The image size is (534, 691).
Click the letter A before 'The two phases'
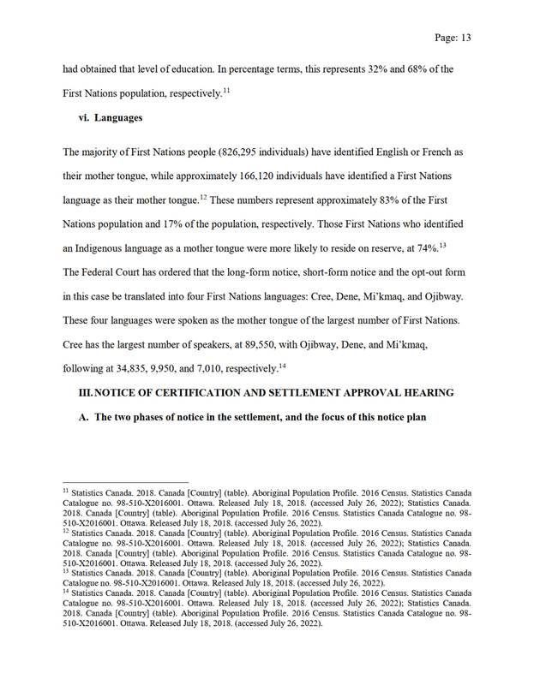tap(83, 417)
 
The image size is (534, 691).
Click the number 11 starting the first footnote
tap(66, 492)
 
